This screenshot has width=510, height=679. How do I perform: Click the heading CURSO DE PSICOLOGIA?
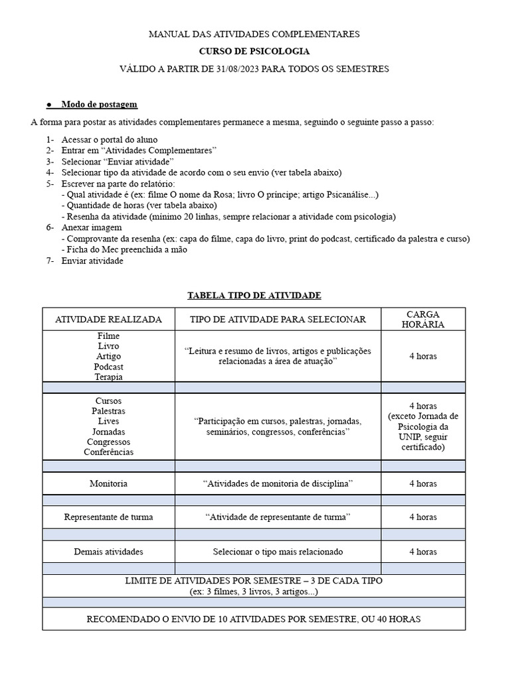tap(254, 51)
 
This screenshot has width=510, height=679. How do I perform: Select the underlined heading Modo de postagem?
tap(99, 104)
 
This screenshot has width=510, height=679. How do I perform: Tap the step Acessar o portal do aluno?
tap(110, 140)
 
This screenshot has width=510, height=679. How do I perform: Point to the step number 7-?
tap(50, 261)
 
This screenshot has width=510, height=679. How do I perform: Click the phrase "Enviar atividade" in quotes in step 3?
tap(138, 162)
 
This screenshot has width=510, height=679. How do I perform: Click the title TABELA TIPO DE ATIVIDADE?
tap(254, 295)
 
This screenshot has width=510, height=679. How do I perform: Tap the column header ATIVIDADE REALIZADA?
tap(108, 320)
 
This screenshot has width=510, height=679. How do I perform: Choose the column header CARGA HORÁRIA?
tap(423, 319)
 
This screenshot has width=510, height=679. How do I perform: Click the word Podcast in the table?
tap(108, 367)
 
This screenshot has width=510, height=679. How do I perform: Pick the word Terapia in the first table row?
tap(108, 377)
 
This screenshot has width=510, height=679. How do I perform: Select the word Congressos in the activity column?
tap(108, 442)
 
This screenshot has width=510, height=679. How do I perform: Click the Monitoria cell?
tap(108, 483)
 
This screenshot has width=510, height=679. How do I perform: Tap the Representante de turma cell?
tap(108, 517)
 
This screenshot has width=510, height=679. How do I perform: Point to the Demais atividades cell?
tap(108, 552)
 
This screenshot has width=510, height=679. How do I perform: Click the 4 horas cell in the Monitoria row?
tap(423, 483)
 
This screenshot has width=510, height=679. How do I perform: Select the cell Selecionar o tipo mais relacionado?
tap(278, 552)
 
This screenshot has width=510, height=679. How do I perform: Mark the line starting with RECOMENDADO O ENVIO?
tap(254, 619)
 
